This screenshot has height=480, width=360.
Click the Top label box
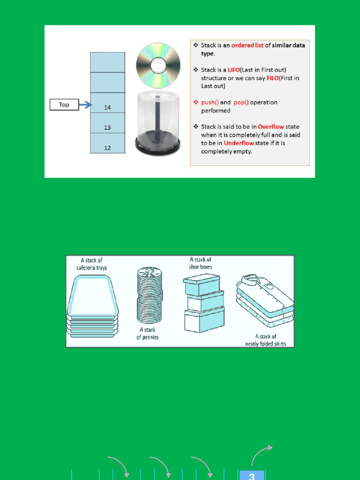64,105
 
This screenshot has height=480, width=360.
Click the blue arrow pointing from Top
85,105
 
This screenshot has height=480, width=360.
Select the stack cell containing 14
107,103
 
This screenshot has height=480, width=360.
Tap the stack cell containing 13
107,123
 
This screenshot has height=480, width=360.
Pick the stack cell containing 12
107,143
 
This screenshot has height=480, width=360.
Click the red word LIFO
233,70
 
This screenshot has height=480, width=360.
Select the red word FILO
272,78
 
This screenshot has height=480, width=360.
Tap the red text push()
210,103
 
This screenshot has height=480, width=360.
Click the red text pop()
241,103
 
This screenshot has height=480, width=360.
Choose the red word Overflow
271,127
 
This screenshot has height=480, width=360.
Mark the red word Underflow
239,143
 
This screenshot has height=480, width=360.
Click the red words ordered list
247,45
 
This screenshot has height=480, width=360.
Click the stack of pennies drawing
150,295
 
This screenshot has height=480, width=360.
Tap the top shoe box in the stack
202,285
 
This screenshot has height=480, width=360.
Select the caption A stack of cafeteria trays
91,264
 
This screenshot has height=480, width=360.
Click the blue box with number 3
252,475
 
